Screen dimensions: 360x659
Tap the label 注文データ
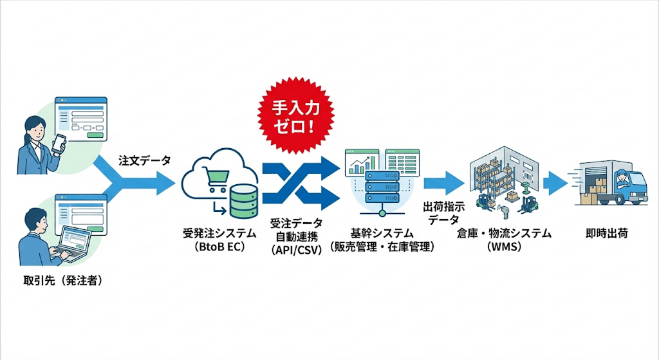pyautogui.click(x=145, y=161)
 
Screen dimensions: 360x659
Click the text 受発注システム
pyautogui.click(x=219, y=233)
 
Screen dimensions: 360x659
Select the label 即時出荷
pyautogui.click(x=608, y=233)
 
